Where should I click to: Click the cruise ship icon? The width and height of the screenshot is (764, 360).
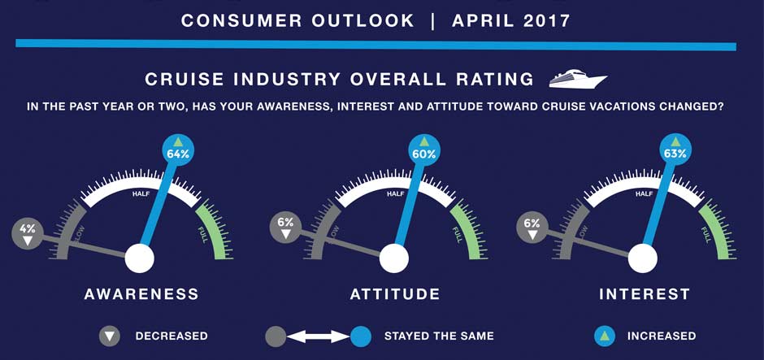point(578,79)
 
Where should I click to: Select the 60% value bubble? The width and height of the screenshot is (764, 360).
point(423,151)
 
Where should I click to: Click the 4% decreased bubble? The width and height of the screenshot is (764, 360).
point(28,234)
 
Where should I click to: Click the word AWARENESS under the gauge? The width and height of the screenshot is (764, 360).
point(141,294)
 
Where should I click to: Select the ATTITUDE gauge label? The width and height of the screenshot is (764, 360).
point(395,294)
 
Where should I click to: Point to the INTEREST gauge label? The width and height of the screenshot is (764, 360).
point(645,294)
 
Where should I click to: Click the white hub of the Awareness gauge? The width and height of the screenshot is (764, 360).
point(139,259)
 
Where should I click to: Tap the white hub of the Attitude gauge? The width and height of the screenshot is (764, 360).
point(394,259)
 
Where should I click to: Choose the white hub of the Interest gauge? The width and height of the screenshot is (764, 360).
point(642,259)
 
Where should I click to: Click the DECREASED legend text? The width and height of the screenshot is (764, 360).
point(171,336)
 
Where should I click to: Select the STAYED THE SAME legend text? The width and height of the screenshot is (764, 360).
point(439,336)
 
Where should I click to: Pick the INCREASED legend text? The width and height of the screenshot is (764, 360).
point(662,336)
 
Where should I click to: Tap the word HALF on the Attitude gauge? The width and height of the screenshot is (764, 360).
point(396,194)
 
